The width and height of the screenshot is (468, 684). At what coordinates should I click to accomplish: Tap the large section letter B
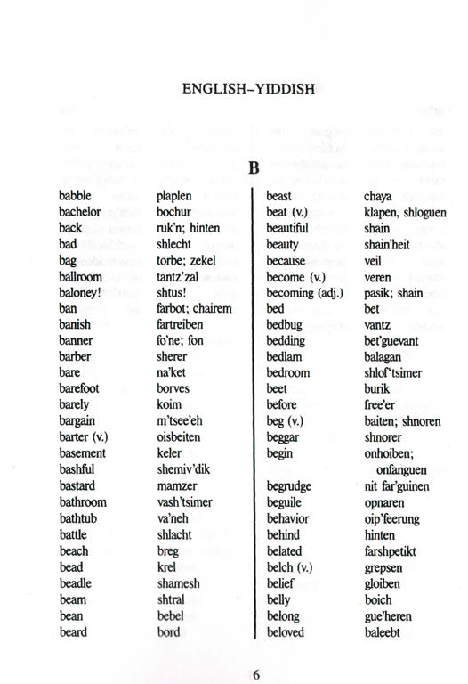point(253,167)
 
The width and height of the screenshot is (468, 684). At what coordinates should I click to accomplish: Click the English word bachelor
point(79,212)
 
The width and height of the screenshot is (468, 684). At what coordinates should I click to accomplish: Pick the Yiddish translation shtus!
point(171,293)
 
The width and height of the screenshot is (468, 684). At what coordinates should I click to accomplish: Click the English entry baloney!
point(81,293)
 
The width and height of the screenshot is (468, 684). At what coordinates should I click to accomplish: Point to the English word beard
point(73,632)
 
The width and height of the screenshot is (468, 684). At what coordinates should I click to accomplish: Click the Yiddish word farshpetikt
point(397,550)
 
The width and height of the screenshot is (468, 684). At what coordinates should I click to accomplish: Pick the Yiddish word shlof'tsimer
point(393,373)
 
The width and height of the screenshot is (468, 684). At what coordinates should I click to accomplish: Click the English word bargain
point(77,421)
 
